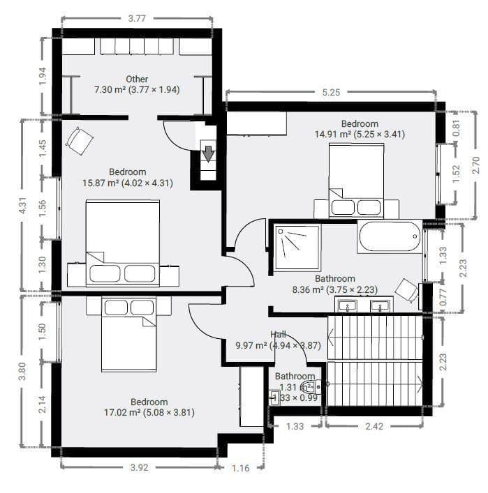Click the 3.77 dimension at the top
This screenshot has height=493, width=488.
pos(136,19)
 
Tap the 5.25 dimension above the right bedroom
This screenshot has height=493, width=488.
pos(331,92)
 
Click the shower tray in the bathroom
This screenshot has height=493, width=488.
pos(297,246)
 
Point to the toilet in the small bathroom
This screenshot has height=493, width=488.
pos(308,385)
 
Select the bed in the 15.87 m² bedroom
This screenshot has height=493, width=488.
pos(123,241)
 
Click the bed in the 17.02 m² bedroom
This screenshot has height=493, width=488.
pos(128,334)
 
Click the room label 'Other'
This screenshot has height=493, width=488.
pos(137,79)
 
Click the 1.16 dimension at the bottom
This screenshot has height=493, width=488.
pos(240,468)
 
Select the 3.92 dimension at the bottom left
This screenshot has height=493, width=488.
pos(139,468)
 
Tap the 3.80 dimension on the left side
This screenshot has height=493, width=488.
pos(24,371)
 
